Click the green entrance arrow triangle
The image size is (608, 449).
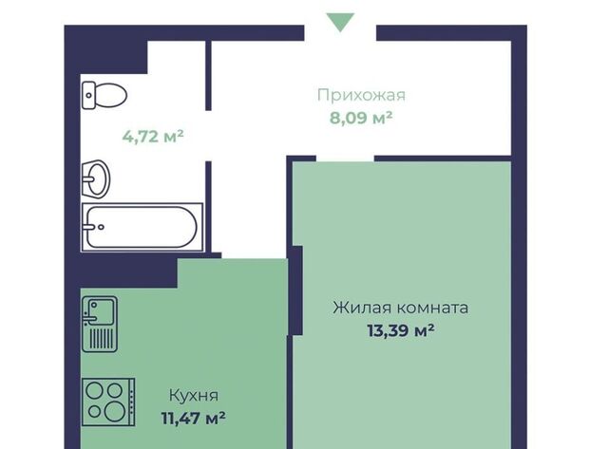coord(340,21)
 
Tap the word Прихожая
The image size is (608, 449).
coord(361,95)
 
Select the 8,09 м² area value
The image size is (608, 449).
coord(361,118)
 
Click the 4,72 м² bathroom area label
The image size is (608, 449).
coord(153,137)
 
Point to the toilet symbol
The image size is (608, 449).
coord(104,95)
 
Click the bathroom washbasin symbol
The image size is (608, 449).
coord(96,179)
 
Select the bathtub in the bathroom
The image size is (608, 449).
coord(142,227)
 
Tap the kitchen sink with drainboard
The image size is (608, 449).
coord(100,325)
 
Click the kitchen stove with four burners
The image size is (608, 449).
coord(108,402)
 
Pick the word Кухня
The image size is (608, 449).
coord(194,396)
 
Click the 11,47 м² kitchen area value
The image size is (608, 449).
coord(194,419)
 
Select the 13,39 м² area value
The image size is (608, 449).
coord(401,331)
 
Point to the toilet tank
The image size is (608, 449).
coord(88,95)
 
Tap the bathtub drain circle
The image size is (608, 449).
coord(102,228)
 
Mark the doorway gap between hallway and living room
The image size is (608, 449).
coord(345,159)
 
